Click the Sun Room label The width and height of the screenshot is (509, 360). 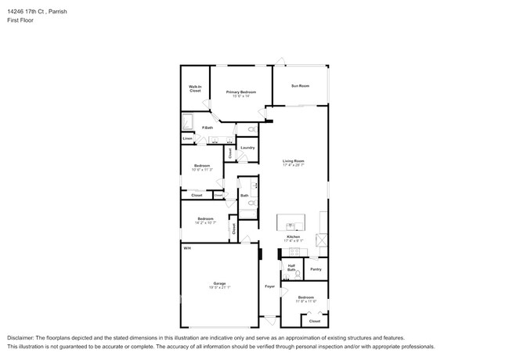[x=300, y=85]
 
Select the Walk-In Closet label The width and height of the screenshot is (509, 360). [x=195, y=88]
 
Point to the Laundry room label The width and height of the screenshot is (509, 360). [x=247, y=147]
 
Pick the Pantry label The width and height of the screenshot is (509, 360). [x=316, y=269]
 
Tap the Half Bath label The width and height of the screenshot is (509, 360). [x=291, y=268]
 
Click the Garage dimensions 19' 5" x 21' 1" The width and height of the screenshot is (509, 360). [x=219, y=287]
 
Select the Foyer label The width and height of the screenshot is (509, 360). [x=269, y=286]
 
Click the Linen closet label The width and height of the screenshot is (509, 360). [x=187, y=139]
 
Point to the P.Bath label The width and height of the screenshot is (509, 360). [x=208, y=128]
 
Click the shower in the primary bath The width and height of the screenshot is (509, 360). [x=188, y=121]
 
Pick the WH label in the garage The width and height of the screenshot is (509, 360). [x=186, y=247]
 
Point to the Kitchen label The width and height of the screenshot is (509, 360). [x=293, y=236]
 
